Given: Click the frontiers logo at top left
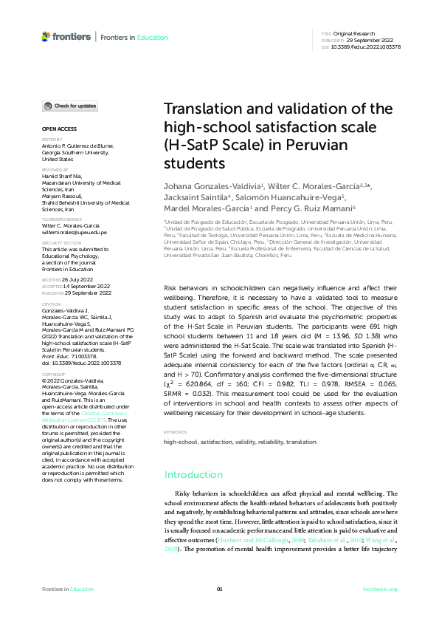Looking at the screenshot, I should (x=66, y=35).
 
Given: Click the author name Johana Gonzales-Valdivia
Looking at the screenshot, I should (x=212, y=187).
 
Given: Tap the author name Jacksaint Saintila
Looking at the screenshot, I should (x=198, y=198).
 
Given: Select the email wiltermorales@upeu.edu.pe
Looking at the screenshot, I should (x=74, y=231).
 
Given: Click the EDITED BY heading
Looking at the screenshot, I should (x=52, y=139).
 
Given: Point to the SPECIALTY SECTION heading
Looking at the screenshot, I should (x=61, y=242).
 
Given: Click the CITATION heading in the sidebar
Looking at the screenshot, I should (x=51, y=304).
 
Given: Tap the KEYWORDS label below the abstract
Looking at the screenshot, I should (x=176, y=432).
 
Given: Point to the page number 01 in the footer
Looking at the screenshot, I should (x=219, y=589).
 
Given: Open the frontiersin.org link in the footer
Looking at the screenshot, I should (x=381, y=589).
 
